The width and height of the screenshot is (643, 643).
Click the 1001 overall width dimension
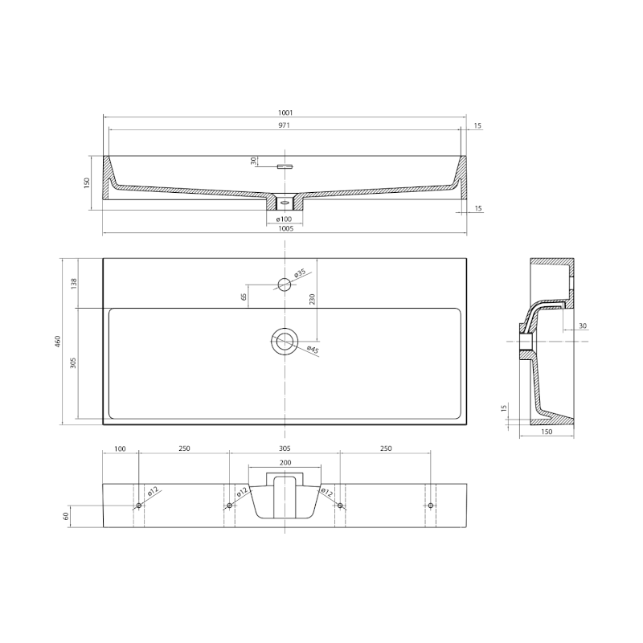tap(285, 113)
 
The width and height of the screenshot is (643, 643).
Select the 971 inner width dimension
tap(285, 125)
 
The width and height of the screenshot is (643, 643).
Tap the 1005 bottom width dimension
tap(285, 229)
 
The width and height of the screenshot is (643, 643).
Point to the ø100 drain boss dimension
tap(284, 219)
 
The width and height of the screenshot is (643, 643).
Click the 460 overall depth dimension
tap(57, 342)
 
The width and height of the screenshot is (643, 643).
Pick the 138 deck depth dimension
tap(74, 284)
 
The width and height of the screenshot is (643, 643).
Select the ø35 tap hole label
tap(300, 273)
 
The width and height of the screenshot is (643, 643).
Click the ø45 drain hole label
tap(313, 349)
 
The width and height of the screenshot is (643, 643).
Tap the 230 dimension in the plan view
tap(312, 299)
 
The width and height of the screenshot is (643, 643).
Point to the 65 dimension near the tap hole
tap(244, 297)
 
